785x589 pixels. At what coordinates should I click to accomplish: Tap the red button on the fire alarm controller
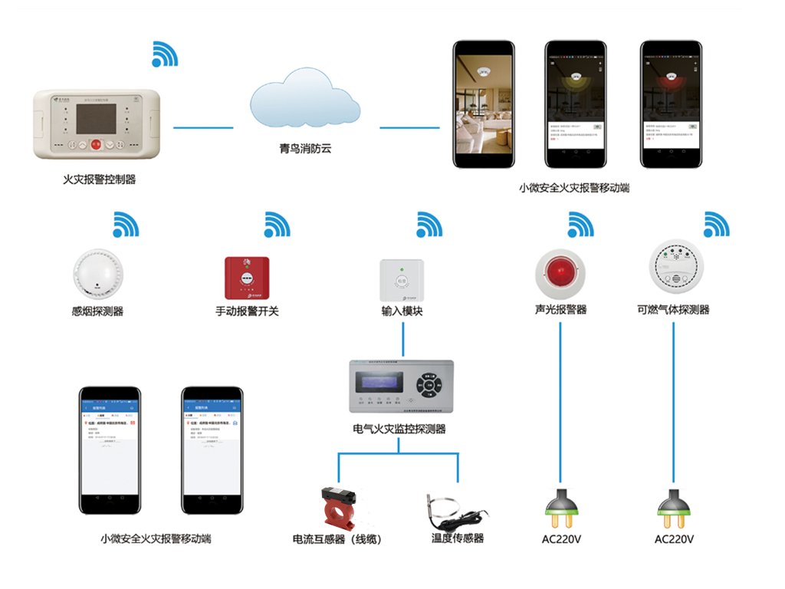pos(96,143)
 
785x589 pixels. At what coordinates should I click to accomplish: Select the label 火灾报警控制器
pos(99,179)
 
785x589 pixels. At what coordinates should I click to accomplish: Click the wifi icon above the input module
pos(429,224)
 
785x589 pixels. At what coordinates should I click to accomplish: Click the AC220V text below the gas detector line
pos(674,539)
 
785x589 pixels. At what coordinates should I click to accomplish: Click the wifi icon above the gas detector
pos(716,224)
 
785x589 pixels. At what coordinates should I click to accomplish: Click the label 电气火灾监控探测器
pos(399,429)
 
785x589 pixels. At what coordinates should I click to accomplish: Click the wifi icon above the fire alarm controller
pos(164,53)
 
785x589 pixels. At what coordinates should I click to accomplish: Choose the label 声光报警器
pos(560,310)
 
